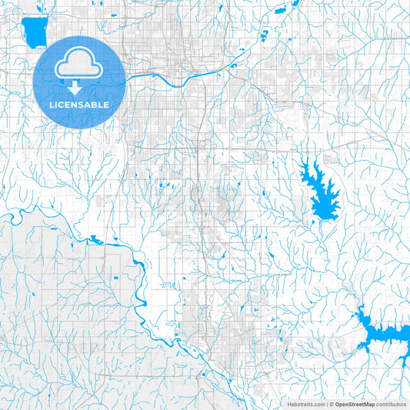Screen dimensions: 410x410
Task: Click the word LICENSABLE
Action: click(79, 104)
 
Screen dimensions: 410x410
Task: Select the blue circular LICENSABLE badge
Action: click(79, 82)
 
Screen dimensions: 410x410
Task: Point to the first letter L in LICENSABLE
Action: click(52, 104)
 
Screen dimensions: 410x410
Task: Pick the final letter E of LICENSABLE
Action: click(106, 104)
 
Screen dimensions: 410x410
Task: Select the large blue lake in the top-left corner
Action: click(33, 32)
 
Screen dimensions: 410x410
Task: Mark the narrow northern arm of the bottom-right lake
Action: click(360, 313)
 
